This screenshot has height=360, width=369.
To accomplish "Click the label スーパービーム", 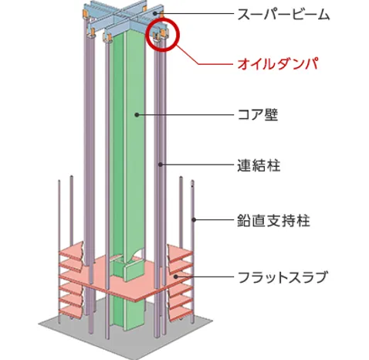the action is [x=283, y=14].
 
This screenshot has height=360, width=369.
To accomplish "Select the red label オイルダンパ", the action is [x=278, y=64].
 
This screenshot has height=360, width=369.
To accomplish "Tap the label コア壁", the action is [x=258, y=114].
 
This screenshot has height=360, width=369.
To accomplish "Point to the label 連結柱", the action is [x=259, y=165].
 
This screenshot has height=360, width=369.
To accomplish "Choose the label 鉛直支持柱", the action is [x=273, y=220].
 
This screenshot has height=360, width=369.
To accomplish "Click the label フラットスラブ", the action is [x=283, y=277].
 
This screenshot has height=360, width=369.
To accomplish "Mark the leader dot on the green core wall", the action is [x=137, y=114].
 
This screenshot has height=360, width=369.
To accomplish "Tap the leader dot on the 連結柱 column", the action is [x=161, y=164].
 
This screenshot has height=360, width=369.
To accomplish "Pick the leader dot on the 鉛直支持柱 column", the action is [x=194, y=219].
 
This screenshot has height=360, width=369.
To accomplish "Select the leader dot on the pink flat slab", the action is [x=176, y=277].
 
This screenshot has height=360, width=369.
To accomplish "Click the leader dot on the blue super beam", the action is [x=155, y=13].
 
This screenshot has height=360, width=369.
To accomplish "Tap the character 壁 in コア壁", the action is [x=271, y=114].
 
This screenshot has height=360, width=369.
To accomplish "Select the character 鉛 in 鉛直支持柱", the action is [x=244, y=220].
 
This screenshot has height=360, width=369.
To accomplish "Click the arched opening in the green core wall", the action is [x=136, y=253].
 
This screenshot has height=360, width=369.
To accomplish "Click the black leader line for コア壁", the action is [x=185, y=115].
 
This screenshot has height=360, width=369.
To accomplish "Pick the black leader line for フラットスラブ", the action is [x=205, y=277].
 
